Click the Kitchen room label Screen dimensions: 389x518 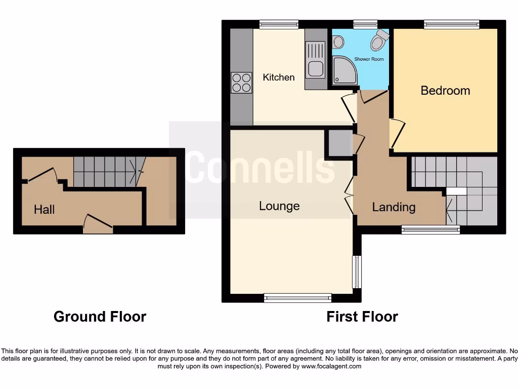point(279,77)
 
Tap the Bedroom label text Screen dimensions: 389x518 point(445,91)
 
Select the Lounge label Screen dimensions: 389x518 point(279,206)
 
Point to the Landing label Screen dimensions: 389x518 point(394,207)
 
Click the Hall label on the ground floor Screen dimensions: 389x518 point(44,210)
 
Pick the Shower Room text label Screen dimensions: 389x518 point(369,59)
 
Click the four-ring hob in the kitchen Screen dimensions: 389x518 point(241,83)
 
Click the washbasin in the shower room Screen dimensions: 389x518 point(338,42)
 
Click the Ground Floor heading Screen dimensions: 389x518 point(100,317)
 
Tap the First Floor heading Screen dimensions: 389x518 point(362,317)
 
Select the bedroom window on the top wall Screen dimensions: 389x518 point(451,24)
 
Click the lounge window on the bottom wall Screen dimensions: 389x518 point(297,298)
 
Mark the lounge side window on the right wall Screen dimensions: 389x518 point(357,271)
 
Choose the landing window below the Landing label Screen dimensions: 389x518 point(430,229)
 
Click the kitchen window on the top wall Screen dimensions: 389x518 point(278,24)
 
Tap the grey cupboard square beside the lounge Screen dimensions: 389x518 point(340,143)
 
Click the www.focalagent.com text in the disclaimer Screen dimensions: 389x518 point(331,366)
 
